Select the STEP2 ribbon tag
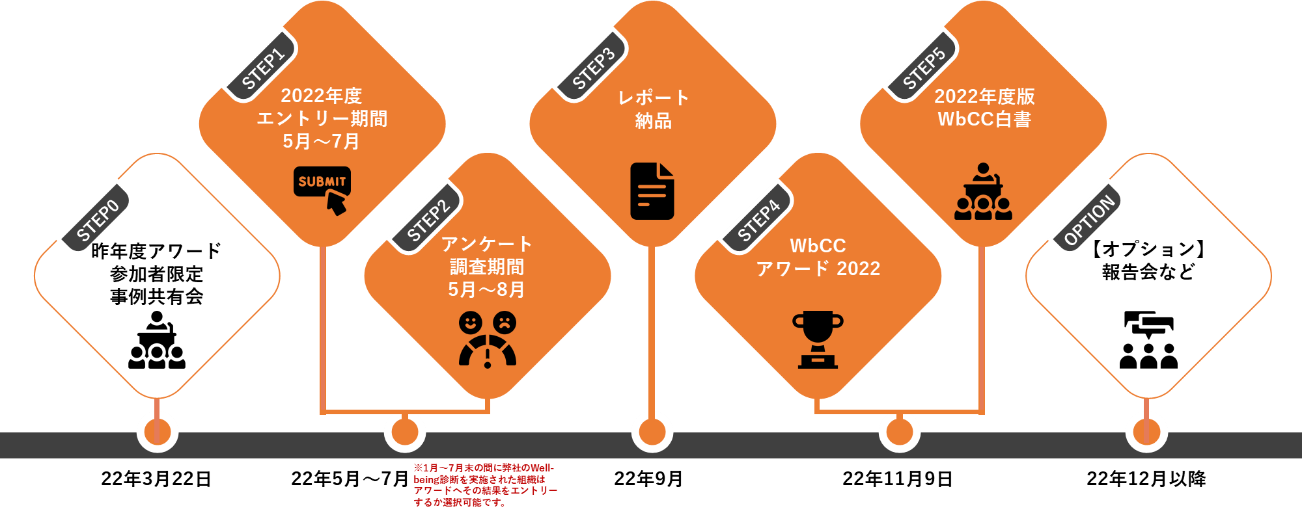(x=428, y=220)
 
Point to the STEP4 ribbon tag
(x=758, y=220)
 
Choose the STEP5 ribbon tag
(x=924, y=68)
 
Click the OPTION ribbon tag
(x=1089, y=220)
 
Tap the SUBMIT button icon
(x=322, y=189)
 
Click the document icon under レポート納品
(x=652, y=191)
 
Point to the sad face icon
(x=504, y=322)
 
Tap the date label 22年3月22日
(x=156, y=479)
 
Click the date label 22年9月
(x=648, y=479)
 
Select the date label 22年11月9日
(x=898, y=479)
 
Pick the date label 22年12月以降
(x=1146, y=479)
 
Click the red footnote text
(x=485, y=485)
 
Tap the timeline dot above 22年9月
(x=652, y=432)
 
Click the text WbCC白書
(x=984, y=119)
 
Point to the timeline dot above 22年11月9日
(x=900, y=432)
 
